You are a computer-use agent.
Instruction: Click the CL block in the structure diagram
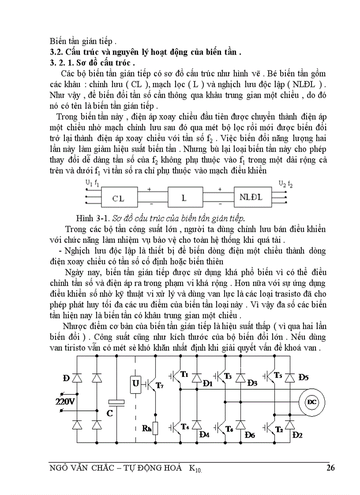(118, 198)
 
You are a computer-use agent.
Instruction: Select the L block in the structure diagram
(184, 198)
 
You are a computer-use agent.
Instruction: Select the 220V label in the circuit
(66, 402)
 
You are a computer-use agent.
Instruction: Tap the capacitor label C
(110, 413)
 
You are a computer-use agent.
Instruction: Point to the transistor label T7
(160, 386)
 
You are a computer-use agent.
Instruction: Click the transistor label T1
(184, 375)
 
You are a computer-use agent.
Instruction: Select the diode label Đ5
(304, 377)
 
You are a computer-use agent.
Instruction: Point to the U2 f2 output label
(285, 183)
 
